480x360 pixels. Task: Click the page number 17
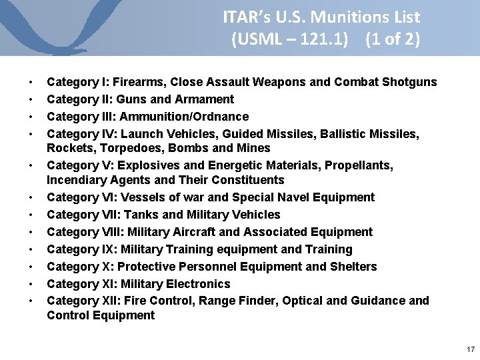point(471,349)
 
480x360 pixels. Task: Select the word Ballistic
point(346,134)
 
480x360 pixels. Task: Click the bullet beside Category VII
point(31,215)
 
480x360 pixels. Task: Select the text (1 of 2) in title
point(393,39)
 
